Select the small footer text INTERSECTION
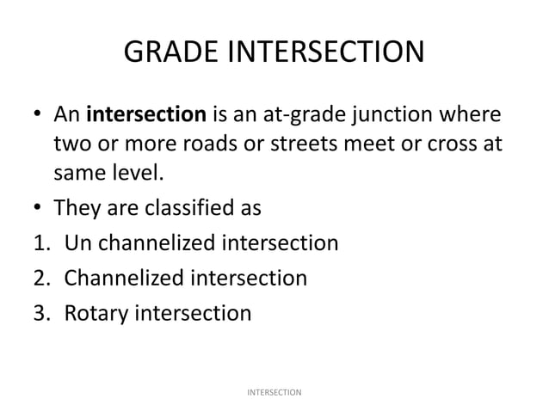[x=274, y=392]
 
